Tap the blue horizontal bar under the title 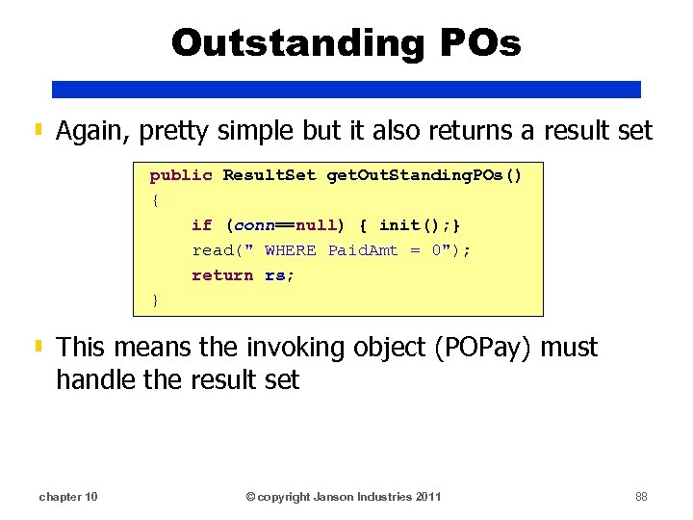pyautogui.click(x=346, y=89)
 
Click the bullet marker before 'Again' pyautogui.click(x=38, y=129)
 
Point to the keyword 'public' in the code pyautogui.click(x=181, y=174)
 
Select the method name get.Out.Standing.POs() pyautogui.click(x=424, y=174)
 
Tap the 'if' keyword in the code pyautogui.click(x=201, y=224)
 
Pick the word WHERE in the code pyautogui.click(x=290, y=249)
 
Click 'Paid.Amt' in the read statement pyautogui.click(x=363, y=249)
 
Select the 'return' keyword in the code pyautogui.click(x=222, y=274)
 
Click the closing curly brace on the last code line pyautogui.click(x=155, y=300)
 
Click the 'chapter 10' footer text pyautogui.click(x=67, y=496)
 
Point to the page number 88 pyautogui.click(x=641, y=496)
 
